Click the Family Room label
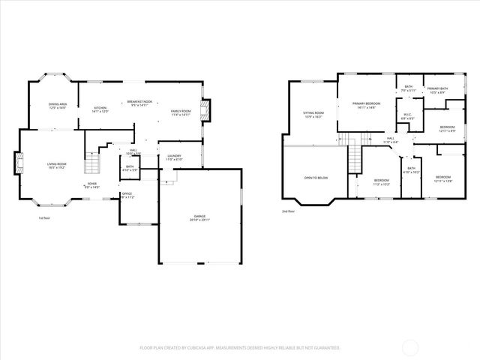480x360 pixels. (181, 112)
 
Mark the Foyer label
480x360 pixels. (91, 184)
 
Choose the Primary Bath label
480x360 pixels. (436, 90)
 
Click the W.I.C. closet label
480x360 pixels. (407, 116)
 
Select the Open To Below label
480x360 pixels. (316, 178)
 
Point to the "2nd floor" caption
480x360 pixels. (289, 211)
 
